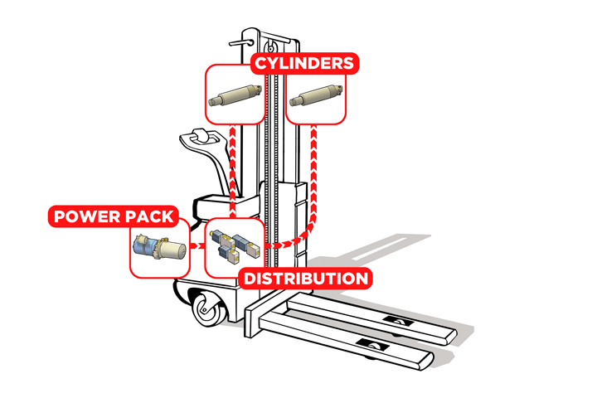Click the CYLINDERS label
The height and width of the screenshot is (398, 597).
tap(303, 63)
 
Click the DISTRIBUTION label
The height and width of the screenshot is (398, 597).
tap(303, 278)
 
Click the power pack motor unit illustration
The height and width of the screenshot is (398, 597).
tap(159, 248)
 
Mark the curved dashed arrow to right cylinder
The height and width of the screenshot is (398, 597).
tap(312, 199)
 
